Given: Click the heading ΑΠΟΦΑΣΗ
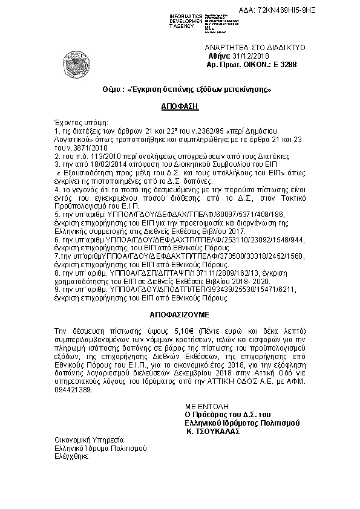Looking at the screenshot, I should [x=180, y=106].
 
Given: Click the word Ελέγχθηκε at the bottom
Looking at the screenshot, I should [x=71, y=457].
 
